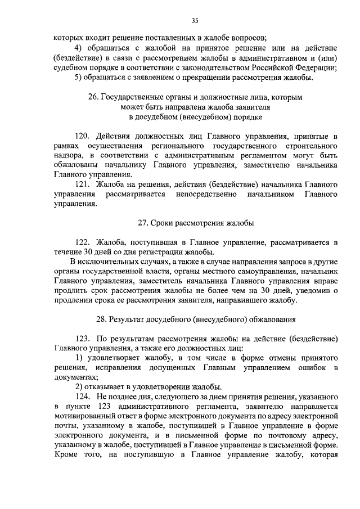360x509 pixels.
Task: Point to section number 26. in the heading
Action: (94, 97)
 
